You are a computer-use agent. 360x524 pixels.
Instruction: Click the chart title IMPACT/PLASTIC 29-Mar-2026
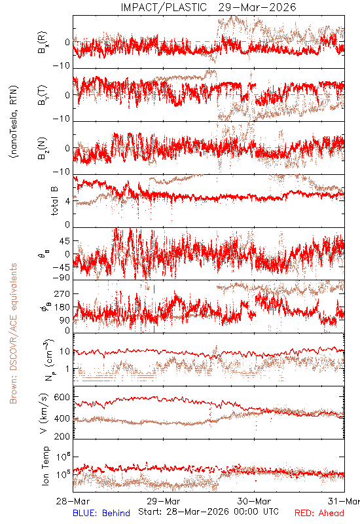coord(208,7)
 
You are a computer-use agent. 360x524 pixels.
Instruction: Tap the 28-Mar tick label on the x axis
coord(73,501)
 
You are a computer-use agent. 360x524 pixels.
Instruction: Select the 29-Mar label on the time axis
coord(164,501)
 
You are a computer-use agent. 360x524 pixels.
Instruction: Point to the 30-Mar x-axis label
coord(254,501)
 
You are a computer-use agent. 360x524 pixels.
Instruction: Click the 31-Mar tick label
coord(344,501)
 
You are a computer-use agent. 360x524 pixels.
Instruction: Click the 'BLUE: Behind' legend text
coord(101,513)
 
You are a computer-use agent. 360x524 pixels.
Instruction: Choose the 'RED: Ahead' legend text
coord(319,513)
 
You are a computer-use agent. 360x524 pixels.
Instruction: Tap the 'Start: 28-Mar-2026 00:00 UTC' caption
coord(208,512)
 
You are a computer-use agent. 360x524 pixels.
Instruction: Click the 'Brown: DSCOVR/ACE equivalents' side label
coord(13,333)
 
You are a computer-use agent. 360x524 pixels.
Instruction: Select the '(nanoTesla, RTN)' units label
coord(14,122)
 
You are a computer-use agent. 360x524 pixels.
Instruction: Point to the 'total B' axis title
coord(54,200)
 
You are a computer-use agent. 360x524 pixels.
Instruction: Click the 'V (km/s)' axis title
coord(44,413)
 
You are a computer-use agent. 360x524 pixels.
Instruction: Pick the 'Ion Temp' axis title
coord(45,466)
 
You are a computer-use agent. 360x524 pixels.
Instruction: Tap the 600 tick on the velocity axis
coord(62,398)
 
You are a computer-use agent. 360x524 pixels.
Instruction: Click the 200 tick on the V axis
coord(62,436)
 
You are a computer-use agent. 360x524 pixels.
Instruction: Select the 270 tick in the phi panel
coord(62,293)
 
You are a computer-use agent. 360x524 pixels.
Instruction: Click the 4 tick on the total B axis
coord(68,202)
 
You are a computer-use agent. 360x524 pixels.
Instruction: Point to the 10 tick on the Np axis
coord(65,352)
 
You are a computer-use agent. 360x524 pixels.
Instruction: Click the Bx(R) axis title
coord(43,43)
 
